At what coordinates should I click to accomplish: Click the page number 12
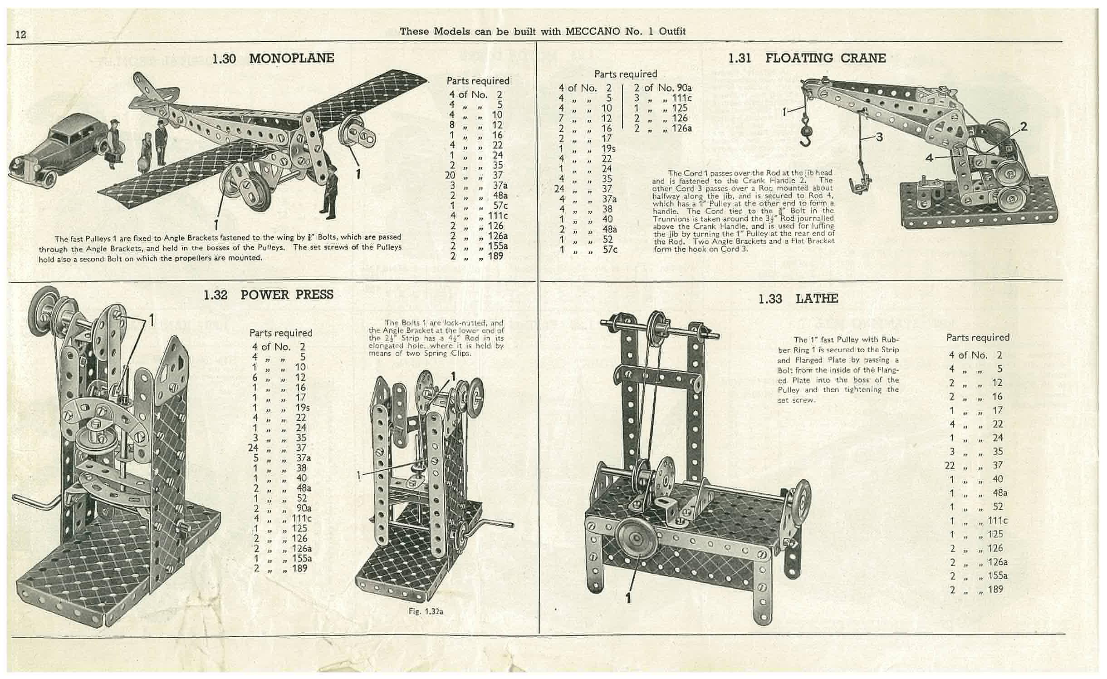click(x=21, y=34)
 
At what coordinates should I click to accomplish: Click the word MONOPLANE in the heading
click(x=291, y=58)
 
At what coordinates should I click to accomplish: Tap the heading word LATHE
click(x=817, y=299)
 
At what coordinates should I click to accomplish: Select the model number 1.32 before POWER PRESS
click(x=215, y=295)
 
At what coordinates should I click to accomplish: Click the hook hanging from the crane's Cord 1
click(x=805, y=132)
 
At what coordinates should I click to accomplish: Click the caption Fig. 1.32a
click(x=426, y=611)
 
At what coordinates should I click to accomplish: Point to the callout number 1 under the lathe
click(x=628, y=598)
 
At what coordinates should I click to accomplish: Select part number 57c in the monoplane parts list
click(x=500, y=206)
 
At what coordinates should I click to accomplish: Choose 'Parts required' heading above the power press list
click(x=281, y=333)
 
